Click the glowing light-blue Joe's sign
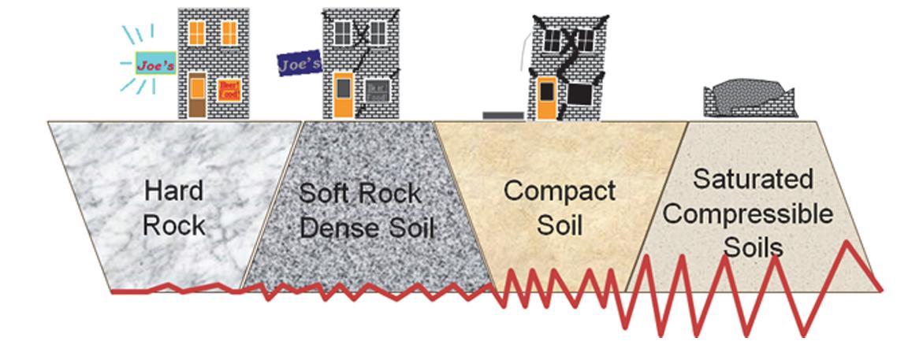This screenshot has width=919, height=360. pos(155,65)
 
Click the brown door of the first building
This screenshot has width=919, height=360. pos(197,96)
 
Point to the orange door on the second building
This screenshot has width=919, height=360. pos(343,95)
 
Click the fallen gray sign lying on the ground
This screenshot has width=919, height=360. pos(503,115)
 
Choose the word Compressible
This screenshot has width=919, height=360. pos(753,214)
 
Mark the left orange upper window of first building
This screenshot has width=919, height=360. pos(197,32)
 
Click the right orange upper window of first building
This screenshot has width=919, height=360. pos(229,32)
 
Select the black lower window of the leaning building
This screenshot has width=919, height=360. pos(580,94)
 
